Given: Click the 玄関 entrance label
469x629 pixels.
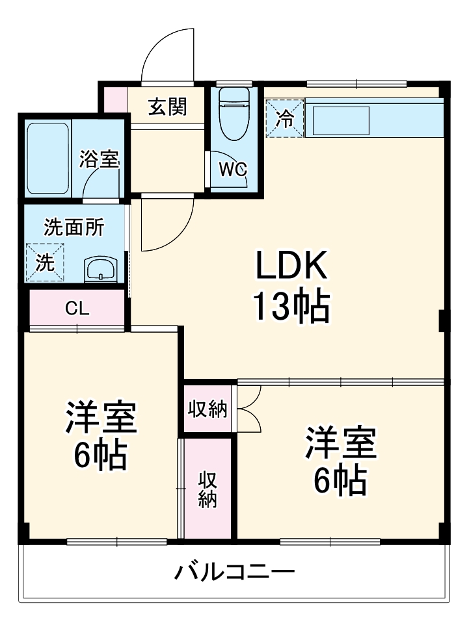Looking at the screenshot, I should (x=167, y=107).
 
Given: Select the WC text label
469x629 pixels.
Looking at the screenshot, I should (x=232, y=170).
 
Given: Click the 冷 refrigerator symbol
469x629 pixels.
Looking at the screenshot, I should (x=285, y=118).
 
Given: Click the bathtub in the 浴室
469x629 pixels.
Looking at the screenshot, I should (x=48, y=158).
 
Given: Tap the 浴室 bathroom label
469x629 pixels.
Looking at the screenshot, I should (x=99, y=159).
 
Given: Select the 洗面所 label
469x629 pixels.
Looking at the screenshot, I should (x=74, y=228).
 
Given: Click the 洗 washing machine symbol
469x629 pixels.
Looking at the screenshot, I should (x=45, y=263).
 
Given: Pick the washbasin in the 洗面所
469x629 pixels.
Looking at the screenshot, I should (x=101, y=268).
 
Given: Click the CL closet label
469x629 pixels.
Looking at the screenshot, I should (x=77, y=309).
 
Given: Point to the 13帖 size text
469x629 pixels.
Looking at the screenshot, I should (x=290, y=307).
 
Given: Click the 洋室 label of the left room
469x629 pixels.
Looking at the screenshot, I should (x=100, y=417).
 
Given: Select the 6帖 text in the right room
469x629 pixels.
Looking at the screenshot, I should (x=340, y=481).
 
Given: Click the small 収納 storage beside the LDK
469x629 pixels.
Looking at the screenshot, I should (x=208, y=409).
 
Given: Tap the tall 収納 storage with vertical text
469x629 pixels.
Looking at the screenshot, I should (x=208, y=489).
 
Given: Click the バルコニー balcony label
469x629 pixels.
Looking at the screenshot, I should (x=234, y=572).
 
